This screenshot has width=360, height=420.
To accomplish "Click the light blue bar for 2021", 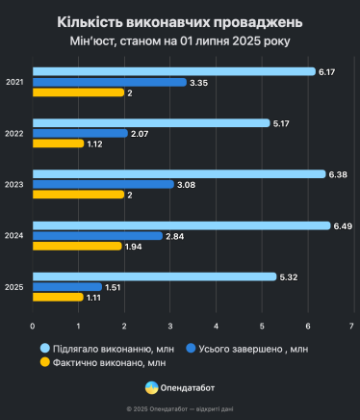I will (173, 71).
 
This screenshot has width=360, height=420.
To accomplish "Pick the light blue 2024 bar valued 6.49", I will (181, 225).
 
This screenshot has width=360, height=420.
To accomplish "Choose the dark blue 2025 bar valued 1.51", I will (66, 287).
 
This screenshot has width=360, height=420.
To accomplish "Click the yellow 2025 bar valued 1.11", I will (58, 298).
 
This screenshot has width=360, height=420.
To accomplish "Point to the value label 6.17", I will (327, 71).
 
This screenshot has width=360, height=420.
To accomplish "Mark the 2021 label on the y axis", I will (14, 82).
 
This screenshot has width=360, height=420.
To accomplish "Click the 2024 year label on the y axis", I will (14, 236).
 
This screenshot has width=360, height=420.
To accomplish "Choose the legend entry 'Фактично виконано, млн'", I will (94, 362).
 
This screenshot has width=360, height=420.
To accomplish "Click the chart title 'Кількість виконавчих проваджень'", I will (180, 21).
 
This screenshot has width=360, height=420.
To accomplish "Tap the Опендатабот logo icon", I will (151, 387).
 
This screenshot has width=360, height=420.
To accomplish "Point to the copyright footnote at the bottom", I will (180, 408).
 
